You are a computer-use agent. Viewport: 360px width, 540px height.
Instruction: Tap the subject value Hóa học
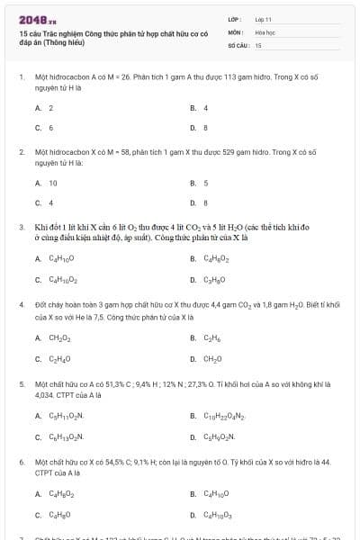tap(265, 31)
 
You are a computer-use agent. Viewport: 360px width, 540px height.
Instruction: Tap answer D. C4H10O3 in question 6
tap(217, 516)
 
